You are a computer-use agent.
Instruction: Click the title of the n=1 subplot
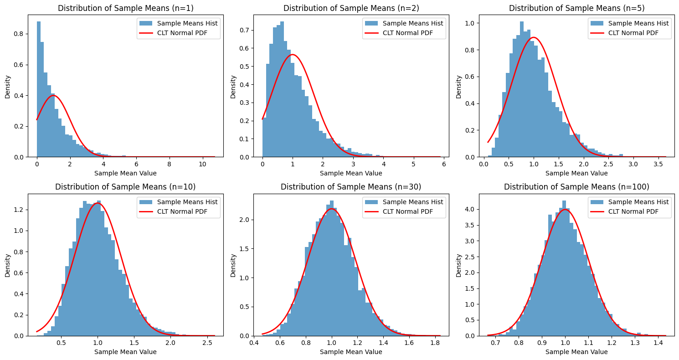(125, 8)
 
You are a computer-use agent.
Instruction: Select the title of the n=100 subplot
(576, 187)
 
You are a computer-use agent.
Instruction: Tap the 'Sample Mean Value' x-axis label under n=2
(351, 173)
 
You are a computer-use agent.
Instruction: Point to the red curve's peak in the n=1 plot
(54, 96)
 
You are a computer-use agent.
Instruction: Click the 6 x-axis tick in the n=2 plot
(443, 164)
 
